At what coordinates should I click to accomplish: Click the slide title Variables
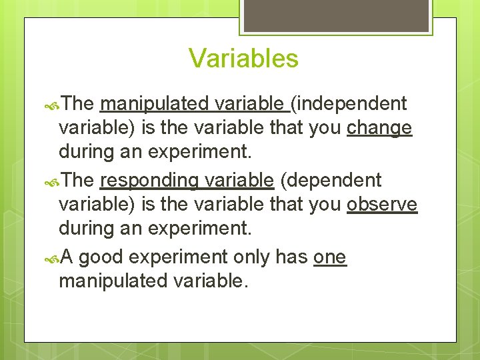(243, 58)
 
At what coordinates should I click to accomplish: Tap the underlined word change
(379, 128)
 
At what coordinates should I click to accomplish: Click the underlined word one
(330, 257)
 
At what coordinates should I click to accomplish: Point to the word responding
(149, 181)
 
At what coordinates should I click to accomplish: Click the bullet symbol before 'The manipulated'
(53, 105)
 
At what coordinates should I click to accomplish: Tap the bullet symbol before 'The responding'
(53, 181)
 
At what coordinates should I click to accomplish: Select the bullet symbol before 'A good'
(53, 258)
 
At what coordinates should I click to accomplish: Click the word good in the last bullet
(103, 257)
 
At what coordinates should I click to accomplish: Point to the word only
(251, 257)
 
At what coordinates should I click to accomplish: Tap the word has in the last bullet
(291, 257)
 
